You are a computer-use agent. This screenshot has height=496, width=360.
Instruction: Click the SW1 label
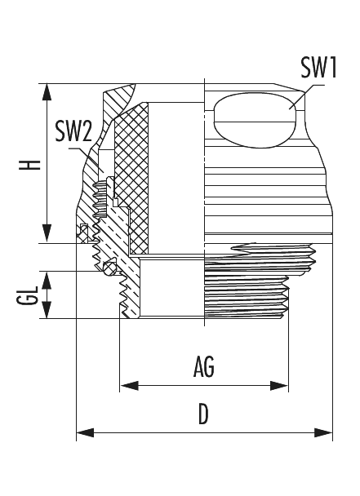click(318, 68)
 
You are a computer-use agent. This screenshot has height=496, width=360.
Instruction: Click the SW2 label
click(73, 130)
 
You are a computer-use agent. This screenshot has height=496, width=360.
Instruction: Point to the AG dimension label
click(204, 368)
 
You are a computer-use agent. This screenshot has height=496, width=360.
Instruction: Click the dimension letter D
click(204, 415)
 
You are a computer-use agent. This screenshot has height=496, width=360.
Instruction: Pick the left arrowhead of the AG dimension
click(126, 383)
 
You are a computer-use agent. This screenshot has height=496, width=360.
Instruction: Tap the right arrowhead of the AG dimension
click(285, 383)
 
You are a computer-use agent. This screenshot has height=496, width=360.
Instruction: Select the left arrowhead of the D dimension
click(82, 432)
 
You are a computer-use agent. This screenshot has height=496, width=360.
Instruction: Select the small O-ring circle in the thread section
click(109, 267)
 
